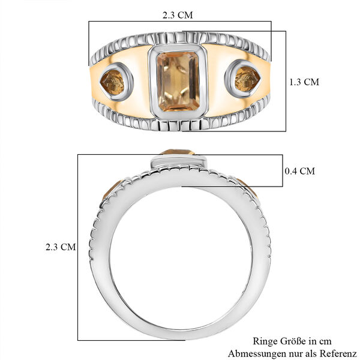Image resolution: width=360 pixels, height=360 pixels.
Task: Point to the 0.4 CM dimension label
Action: [299, 171]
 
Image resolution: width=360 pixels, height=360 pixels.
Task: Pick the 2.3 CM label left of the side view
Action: [61, 247]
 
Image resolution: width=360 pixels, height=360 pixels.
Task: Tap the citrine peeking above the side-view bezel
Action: [178, 152]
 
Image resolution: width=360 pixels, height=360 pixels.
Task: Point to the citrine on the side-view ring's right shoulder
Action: [247, 187]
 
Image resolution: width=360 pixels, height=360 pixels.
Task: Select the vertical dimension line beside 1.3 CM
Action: [286, 81]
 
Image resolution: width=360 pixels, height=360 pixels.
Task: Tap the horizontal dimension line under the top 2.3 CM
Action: [180, 22]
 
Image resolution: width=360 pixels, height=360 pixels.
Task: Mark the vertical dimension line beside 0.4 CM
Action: [281, 170]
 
